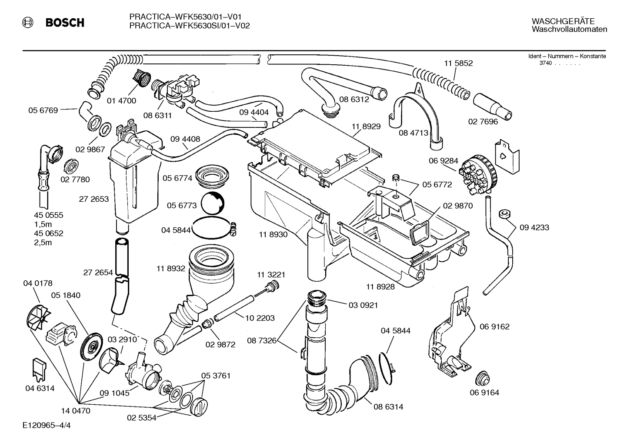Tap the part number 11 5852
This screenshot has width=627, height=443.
(458, 63)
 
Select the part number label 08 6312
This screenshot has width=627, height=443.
(354, 100)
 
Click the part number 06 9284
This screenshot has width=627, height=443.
(443, 161)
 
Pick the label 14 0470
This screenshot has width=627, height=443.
(76, 410)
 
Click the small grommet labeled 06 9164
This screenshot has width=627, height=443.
(483, 378)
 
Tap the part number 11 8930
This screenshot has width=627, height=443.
(273, 234)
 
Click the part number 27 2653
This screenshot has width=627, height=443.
(93, 199)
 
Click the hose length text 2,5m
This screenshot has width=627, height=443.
(43, 243)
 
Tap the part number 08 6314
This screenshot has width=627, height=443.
(388, 407)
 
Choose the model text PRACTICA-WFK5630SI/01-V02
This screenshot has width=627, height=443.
(189, 26)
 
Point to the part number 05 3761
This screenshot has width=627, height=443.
(215, 376)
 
